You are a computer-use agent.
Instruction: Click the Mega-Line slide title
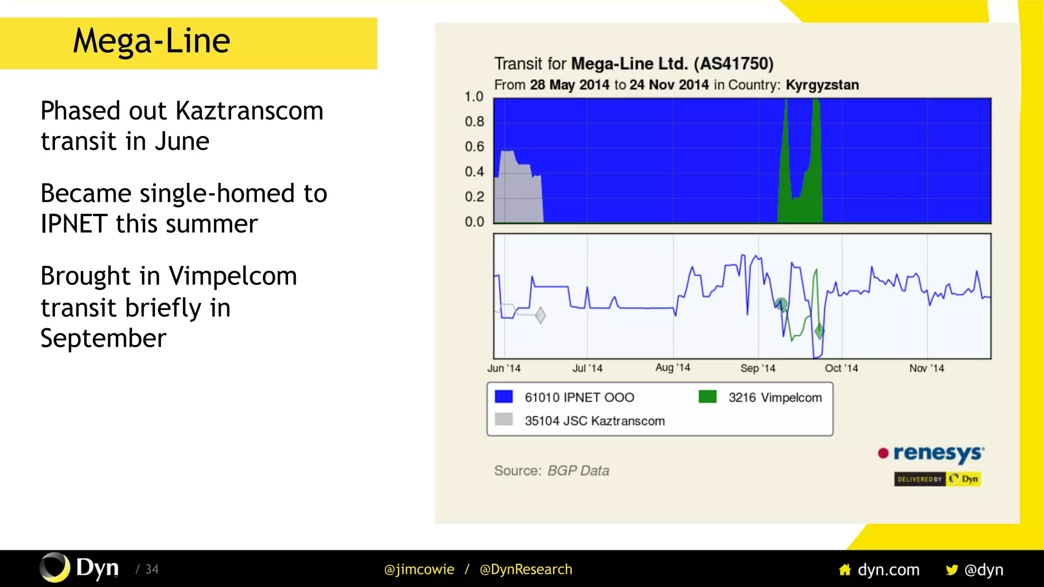point(151,41)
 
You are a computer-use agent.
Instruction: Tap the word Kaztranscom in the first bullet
point(249,111)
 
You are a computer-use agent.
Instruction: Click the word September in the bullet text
point(103,338)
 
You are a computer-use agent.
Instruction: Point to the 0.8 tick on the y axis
point(474,122)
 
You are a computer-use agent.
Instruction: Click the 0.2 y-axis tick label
point(474,197)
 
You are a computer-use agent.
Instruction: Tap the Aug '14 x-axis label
point(672,368)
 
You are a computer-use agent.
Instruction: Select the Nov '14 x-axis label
point(926,368)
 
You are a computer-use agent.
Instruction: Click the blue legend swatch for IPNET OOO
point(504,397)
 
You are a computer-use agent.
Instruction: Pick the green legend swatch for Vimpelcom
point(708,397)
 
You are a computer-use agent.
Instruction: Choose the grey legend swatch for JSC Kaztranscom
point(504,419)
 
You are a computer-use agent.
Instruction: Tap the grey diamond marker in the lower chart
point(540,315)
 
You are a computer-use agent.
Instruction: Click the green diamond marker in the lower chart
point(819,331)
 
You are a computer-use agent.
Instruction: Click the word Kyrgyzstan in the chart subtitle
point(822,85)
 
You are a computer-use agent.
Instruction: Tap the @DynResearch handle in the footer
point(526,569)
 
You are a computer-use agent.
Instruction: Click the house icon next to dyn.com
point(845,570)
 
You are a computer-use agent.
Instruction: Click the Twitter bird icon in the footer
point(951,570)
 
